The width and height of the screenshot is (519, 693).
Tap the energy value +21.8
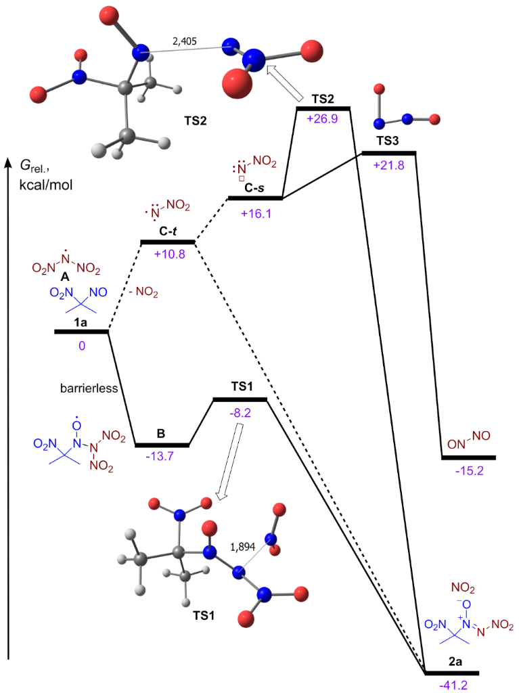pos(389,164)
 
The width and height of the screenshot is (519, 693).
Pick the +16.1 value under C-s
pos(254,210)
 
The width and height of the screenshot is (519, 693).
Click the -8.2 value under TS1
pos(240,411)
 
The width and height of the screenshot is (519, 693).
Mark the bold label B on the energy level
pos(161,433)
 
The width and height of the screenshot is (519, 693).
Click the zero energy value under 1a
pos(81,344)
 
